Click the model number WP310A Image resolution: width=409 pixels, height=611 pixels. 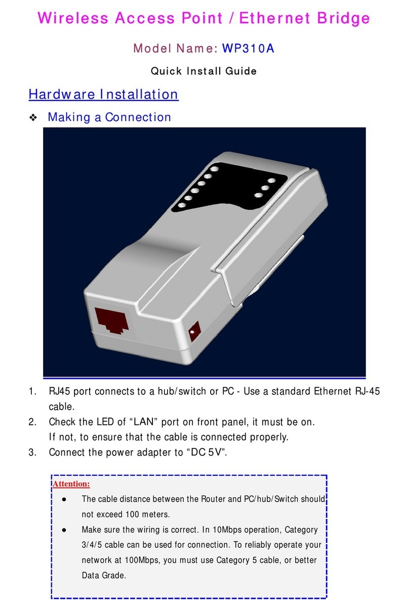248,49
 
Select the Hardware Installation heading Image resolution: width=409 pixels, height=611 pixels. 104,94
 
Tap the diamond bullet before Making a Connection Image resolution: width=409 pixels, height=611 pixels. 33,118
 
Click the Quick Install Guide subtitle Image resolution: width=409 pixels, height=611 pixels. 203,71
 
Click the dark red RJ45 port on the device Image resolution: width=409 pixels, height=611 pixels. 111,321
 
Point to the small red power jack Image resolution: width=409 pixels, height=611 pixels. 194,331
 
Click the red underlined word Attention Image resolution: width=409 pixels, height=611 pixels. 71,484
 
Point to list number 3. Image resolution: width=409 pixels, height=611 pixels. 32,452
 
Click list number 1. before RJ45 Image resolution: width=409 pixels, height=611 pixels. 32,392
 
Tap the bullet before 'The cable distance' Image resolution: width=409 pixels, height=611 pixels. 64,500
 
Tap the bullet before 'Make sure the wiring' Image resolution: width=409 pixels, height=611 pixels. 64,530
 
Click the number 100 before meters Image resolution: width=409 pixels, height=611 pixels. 133,514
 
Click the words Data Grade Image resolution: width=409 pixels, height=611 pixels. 104,576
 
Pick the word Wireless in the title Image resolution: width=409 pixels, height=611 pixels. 73,18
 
